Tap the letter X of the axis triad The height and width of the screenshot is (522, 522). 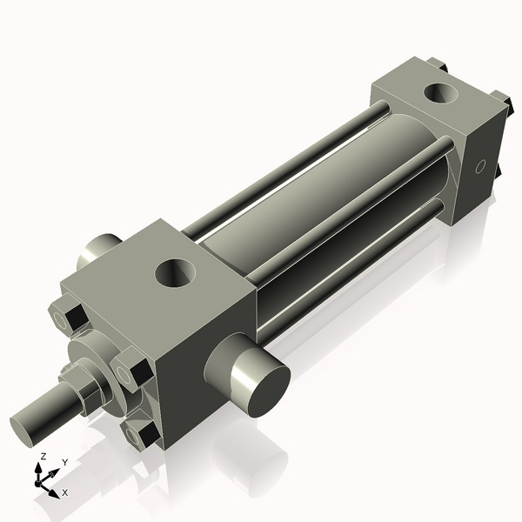click(65, 492)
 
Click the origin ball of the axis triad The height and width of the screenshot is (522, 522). click(39, 482)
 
